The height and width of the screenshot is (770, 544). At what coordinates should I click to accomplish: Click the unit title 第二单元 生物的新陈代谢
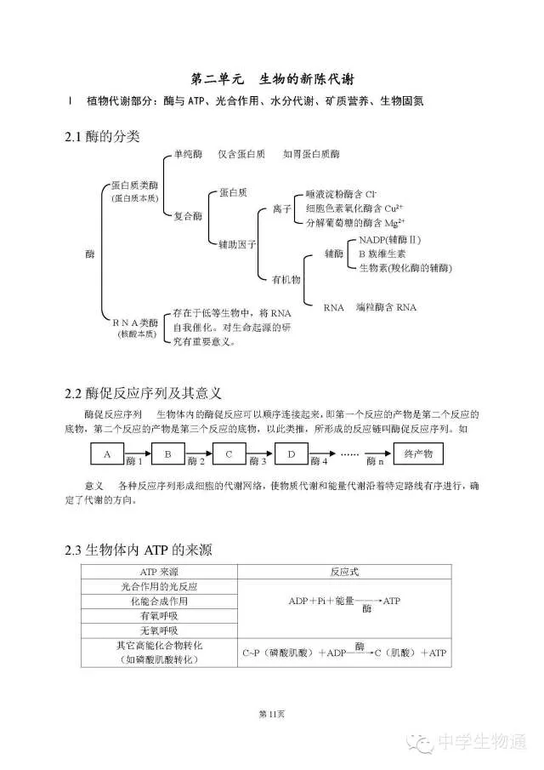271,79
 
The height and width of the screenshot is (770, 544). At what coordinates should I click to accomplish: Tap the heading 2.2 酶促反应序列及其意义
144,393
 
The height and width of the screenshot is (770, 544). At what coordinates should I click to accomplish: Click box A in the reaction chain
107,454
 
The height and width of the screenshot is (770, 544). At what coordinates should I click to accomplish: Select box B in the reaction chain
168,454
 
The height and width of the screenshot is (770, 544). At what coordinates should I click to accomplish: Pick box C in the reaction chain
229,454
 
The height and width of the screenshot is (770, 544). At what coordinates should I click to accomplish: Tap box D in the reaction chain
291,454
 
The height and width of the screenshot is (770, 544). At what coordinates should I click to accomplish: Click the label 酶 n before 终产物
375,461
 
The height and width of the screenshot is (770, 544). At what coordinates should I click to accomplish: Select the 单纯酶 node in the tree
188,154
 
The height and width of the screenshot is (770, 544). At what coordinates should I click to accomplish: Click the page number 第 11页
271,712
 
